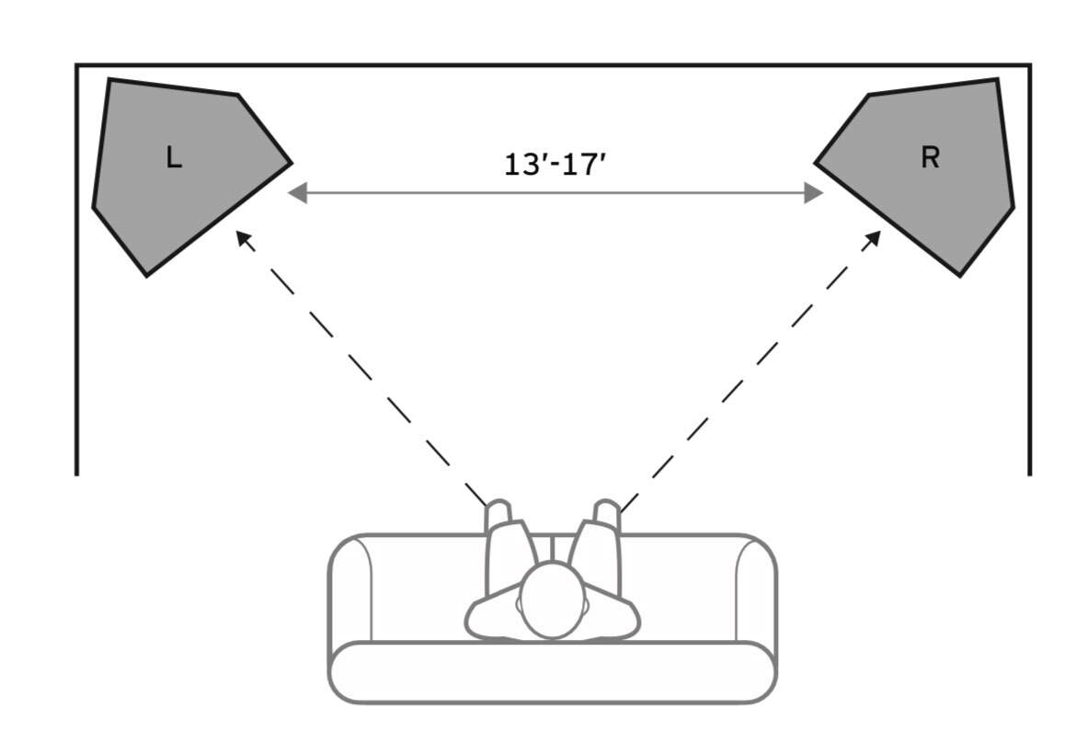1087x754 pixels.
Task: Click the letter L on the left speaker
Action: pyautogui.click(x=174, y=157)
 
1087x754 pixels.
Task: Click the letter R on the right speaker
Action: pyautogui.click(x=931, y=157)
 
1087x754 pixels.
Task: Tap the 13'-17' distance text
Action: pyautogui.click(x=555, y=165)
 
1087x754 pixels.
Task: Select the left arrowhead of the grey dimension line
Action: pyautogui.click(x=297, y=193)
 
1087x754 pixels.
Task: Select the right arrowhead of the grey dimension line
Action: pyautogui.click(x=814, y=193)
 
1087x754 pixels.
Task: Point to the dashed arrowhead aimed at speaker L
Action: pyautogui.click(x=243, y=238)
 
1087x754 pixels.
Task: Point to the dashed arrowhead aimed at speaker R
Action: pyautogui.click(x=874, y=238)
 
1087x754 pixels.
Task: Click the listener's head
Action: pyautogui.click(x=553, y=600)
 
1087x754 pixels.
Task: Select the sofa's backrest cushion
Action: pyautogui.click(x=553, y=673)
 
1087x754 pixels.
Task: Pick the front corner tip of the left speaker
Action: pyautogui.click(x=292, y=164)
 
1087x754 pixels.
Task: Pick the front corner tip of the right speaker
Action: pyautogui.click(x=815, y=164)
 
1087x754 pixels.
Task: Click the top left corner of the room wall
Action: pyautogui.click(x=76, y=65)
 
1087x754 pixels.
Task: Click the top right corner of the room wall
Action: pyautogui.click(x=1030, y=65)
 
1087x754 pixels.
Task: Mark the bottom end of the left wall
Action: pyautogui.click(x=76, y=474)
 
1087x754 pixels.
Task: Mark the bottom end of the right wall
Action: pyautogui.click(x=1030, y=474)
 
